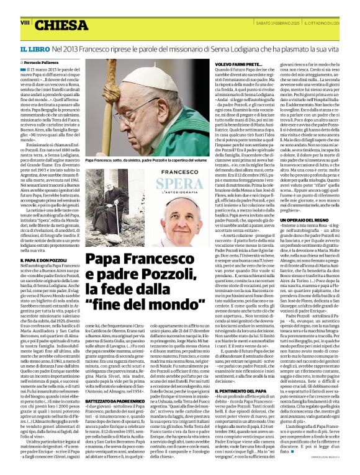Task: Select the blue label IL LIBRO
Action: pos(32,48)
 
